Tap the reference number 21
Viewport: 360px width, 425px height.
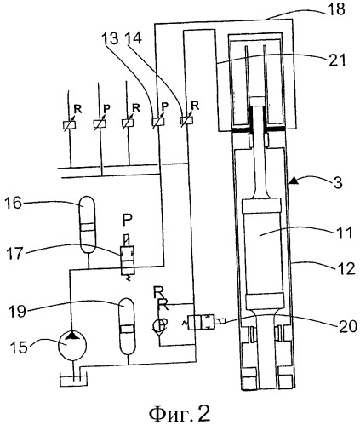(x=337, y=60)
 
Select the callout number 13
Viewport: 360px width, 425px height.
(x=111, y=38)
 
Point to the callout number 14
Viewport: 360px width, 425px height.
(x=134, y=38)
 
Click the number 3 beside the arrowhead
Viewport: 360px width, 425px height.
(x=338, y=182)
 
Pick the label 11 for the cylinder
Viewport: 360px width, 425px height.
(x=344, y=233)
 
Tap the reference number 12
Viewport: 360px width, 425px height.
(x=346, y=268)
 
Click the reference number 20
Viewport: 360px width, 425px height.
(x=348, y=326)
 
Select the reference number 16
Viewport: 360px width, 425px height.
(x=13, y=203)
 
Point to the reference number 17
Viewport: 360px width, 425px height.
(x=14, y=253)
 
